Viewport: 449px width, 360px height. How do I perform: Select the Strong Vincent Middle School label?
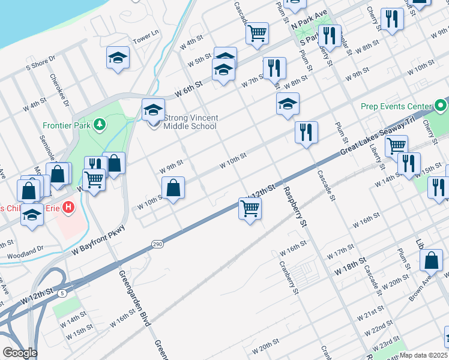(x=190, y=122)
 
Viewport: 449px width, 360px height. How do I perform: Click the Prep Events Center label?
(x=396, y=106)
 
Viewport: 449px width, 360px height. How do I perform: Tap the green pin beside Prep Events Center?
(x=442, y=106)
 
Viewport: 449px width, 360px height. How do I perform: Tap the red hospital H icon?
(x=69, y=208)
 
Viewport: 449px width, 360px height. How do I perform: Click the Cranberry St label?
(x=288, y=277)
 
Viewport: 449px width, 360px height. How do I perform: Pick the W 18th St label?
(x=351, y=268)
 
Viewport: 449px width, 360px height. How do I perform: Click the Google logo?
(x=19, y=353)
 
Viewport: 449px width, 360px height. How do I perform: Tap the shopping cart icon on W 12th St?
(x=249, y=209)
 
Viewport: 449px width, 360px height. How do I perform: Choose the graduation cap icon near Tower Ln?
(x=118, y=58)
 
